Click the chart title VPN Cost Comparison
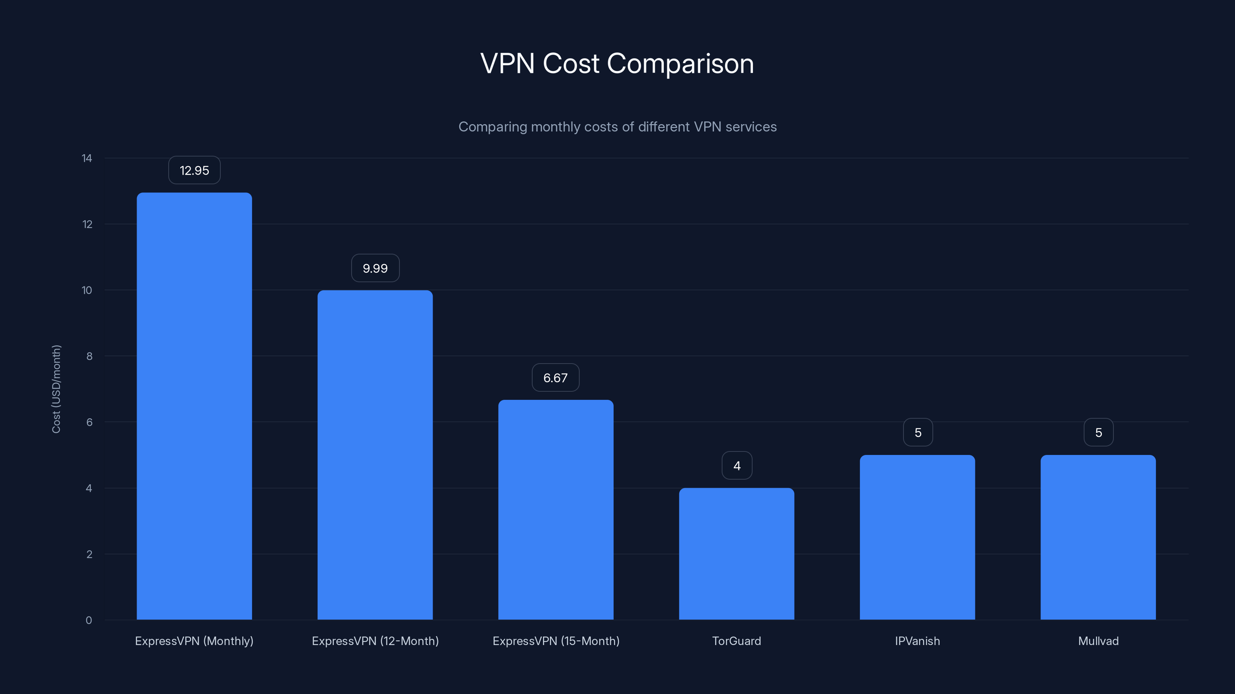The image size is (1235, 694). (617, 64)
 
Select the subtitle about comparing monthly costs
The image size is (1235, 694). (617, 127)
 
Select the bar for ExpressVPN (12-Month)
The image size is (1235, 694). (375, 455)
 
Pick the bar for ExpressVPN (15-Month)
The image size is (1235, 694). (556, 510)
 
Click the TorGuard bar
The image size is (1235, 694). (736, 554)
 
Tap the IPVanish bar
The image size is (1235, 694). (917, 537)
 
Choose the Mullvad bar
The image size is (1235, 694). (1098, 537)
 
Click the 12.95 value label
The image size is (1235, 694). (194, 170)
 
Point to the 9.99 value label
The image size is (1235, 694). (375, 268)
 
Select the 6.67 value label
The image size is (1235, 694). (555, 378)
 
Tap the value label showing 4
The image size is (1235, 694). (737, 465)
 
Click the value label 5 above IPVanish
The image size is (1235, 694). (918, 433)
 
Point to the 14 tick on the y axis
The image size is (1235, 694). (87, 158)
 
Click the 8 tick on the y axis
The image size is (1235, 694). (89, 356)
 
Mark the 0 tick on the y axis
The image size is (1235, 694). (89, 620)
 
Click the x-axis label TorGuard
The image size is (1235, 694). (736, 641)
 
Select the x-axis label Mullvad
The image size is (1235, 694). (1098, 641)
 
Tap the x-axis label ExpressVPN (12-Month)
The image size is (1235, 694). (375, 641)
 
